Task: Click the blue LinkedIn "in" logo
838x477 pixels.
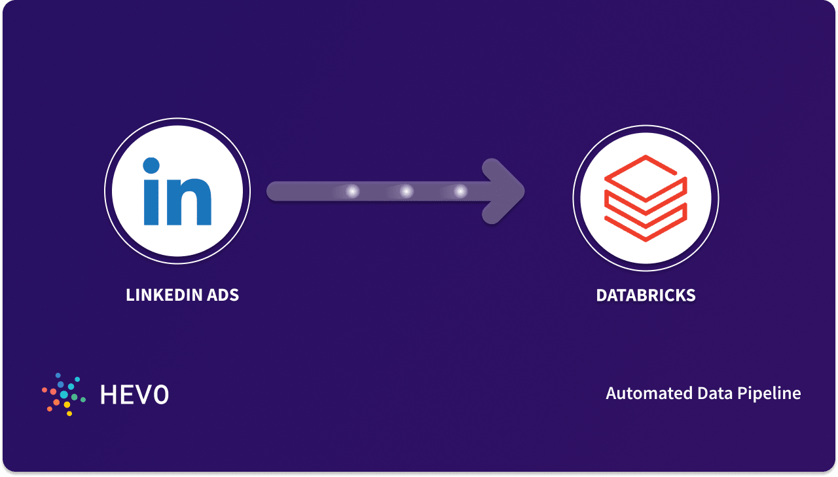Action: (x=177, y=191)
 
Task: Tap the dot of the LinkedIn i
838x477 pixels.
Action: (x=151, y=166)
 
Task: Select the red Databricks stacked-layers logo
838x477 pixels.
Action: (x=645, y=197)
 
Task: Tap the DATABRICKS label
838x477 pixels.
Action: (x=646, y=295)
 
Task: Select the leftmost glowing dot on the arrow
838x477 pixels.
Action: (x=352, y=191)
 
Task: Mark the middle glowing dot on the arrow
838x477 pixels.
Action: (x=407, y=191)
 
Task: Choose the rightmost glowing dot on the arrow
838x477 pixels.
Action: (x=460, y=191)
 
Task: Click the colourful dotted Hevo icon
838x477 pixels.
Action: (x=64, y=394)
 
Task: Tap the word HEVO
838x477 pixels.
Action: (x=134, y=394)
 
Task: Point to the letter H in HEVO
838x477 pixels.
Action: (x=108, y=394)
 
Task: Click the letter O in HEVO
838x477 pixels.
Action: (x=160, y=394)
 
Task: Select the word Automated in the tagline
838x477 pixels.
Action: (x=643, y=393)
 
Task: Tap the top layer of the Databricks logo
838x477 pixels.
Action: (x=645, y=172)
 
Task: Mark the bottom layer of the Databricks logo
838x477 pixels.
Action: (x=645, y=223)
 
